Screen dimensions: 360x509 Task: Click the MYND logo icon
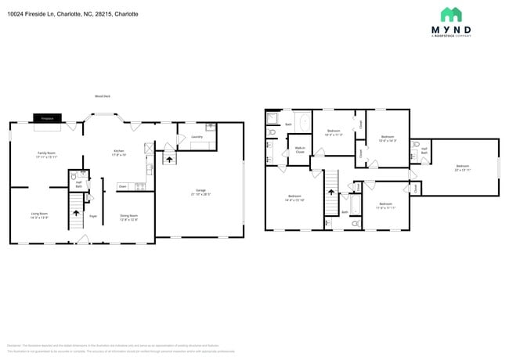point(451,15)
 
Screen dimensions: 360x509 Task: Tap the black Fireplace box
point(47,118)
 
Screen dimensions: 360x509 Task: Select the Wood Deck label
point(102,96)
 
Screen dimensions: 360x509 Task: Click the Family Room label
point(47,154)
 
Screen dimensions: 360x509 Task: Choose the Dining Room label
point(128,217)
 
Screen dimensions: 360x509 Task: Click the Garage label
point(200,191)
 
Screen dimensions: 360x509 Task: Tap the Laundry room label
point(197,137)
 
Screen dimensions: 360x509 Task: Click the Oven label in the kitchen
point(123,186)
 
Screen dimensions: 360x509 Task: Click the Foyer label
point(92,216)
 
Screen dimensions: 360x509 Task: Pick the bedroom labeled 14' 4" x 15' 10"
point(294,197)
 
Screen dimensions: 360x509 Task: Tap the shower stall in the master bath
point(273,119)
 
